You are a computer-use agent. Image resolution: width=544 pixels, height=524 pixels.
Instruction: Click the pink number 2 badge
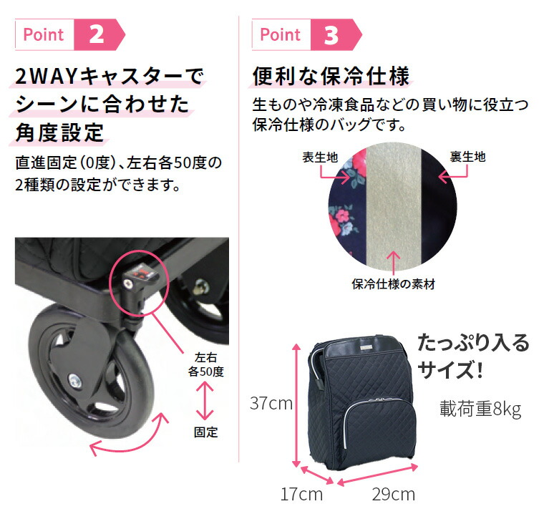tap(98, 34)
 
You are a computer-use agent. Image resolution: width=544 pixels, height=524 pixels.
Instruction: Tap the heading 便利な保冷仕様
tap(331, 77)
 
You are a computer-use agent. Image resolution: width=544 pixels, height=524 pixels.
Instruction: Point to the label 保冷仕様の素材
tap(393, 284)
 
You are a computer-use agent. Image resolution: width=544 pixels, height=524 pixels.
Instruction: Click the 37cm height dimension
tap(271, 403)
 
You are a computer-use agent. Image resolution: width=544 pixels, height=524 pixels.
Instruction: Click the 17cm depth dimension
tap(301, 494)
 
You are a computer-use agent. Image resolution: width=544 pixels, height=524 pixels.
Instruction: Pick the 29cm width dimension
tap(393, 494)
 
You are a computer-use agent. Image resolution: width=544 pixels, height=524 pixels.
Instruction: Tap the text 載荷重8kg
tap(480, 409)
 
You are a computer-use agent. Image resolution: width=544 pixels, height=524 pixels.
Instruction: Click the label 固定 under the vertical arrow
tap(205, 432)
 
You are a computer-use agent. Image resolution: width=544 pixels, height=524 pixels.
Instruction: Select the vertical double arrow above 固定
tap(205, 401)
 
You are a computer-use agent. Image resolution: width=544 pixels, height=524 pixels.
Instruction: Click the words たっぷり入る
tap(473, 343)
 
